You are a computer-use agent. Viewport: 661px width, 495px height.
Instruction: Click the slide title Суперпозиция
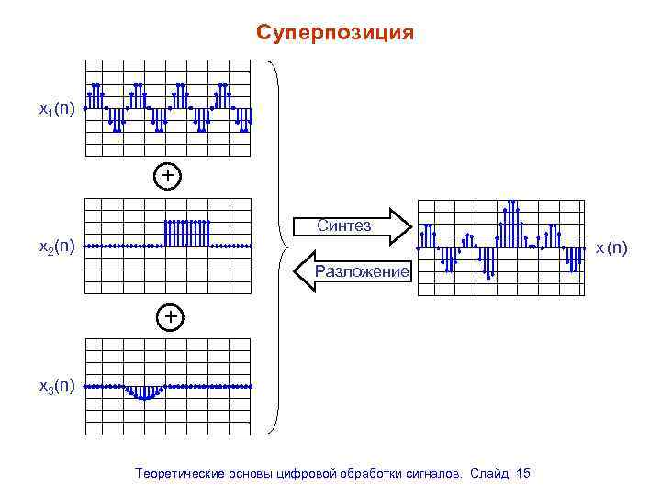pos(335,34)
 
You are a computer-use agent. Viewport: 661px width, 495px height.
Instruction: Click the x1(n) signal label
pos(55,110)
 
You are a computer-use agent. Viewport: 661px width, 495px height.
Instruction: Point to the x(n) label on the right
pos(611,247)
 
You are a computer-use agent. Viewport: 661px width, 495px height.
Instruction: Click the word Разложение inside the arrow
pos(360,271)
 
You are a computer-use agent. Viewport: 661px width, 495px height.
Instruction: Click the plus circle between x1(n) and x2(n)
pos(167,175)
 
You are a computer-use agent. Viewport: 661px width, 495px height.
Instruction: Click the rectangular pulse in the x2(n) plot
pos(186,233)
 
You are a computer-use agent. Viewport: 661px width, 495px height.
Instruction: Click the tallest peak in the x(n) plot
pos(510,203)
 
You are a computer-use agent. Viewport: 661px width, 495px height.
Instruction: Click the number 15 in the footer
pos(523,473)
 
